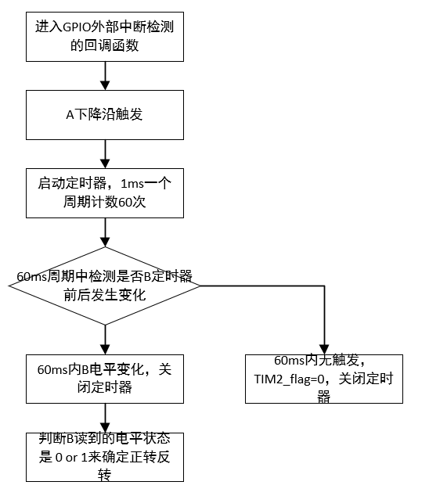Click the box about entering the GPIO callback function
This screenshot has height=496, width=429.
click(x=104, y=36)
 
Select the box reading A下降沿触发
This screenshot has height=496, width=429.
click(x=104, y=114)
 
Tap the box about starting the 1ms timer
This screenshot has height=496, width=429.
click(x=104, y=192)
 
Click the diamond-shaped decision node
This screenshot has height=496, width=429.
click(x=104, y=285)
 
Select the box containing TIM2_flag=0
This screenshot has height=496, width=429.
click(x=323, y=379)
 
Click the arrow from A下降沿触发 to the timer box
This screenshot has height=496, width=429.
click(x=104, y=153)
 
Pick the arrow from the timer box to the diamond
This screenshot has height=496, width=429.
click(x=104, y=232)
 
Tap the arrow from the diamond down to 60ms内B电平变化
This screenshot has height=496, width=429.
click(x=104, y=337)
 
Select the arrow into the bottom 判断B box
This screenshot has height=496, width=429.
click(x=104, y=416)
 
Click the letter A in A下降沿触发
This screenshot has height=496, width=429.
click(x=69, y=114)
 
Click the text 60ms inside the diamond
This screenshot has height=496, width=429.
click(x=31, y=277)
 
